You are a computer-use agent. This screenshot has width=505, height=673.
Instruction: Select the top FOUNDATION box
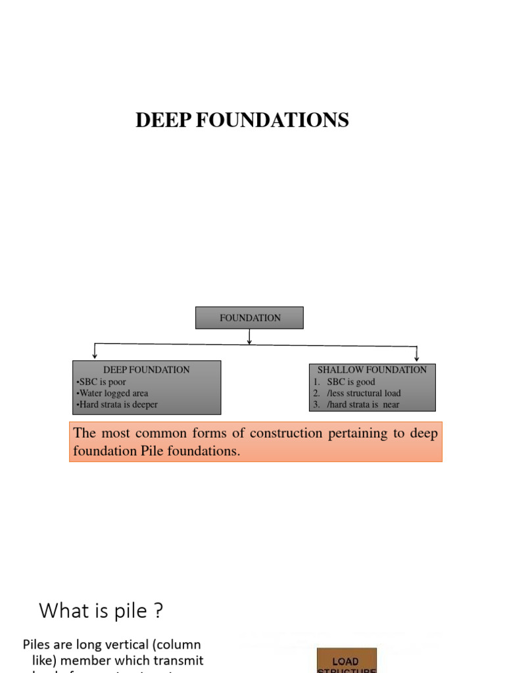249,318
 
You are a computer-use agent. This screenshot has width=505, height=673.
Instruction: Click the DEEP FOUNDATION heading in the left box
146,370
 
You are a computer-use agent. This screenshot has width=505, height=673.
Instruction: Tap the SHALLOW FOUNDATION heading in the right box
372,370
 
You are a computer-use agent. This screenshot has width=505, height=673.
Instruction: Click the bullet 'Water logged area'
113,393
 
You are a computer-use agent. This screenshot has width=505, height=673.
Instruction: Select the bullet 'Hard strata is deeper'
118,405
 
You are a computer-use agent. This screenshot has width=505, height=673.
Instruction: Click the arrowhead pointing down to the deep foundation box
95,356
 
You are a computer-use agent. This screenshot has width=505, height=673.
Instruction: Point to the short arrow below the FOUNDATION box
249,336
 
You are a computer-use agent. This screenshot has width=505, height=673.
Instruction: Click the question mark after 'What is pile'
157,611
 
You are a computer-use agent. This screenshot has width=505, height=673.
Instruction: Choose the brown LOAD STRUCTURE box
347,661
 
